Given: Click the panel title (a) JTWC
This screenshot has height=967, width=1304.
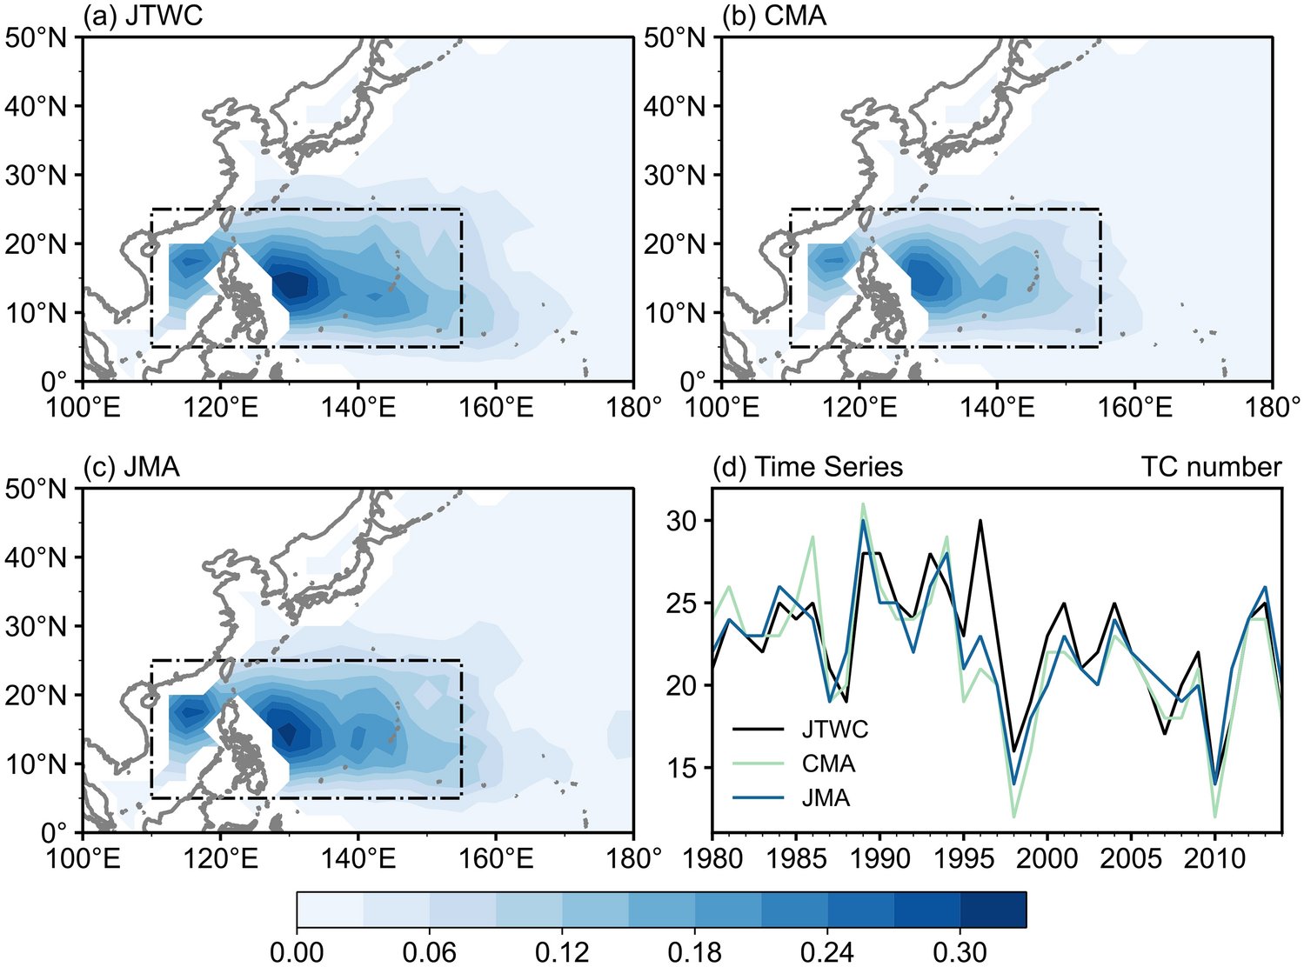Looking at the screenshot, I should point(143,15).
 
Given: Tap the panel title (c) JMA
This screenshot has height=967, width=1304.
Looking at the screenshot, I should point(132,467).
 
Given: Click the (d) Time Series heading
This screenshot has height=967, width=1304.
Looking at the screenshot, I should point(807,467).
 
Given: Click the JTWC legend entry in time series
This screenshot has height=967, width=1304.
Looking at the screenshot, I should point(834,729).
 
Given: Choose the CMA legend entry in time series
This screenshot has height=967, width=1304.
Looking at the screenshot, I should point(828,764).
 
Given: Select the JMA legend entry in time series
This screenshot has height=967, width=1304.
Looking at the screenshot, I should point(826,797).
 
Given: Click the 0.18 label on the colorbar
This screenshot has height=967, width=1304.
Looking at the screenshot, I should point(696,952).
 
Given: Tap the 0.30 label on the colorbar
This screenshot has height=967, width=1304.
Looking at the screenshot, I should point(961,952).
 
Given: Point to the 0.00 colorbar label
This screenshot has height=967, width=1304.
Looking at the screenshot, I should point(298,952).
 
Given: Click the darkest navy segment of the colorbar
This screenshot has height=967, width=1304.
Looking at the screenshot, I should point(993,910).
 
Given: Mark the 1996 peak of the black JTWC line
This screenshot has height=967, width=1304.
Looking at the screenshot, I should point(980,521).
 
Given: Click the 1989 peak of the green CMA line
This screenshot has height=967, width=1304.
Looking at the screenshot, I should point(863,504).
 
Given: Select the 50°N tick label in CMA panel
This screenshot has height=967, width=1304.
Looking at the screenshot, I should point(675,37).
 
